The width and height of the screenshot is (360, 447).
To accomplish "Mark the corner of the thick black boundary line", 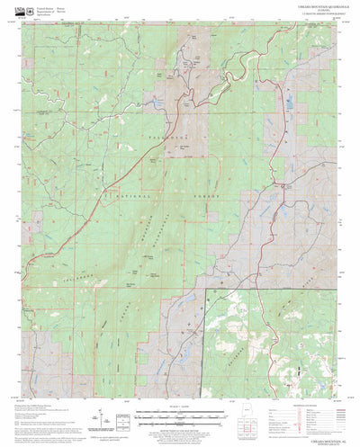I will pos(208,289).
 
